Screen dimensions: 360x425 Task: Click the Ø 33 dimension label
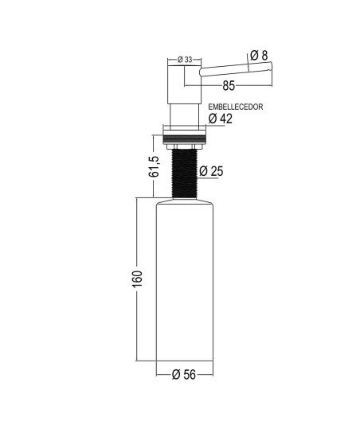[185, 60]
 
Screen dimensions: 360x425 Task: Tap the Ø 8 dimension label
[259, 55]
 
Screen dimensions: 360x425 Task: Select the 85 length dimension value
[229, 86]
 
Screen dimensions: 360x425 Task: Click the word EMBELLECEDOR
[236, 107]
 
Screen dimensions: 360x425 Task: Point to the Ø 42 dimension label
[221, 119]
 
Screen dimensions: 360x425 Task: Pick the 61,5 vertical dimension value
[153, 166]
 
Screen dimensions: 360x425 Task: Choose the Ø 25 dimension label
[211, 171]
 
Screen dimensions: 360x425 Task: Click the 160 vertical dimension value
[137, 279]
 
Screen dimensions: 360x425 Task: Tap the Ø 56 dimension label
[184, 375]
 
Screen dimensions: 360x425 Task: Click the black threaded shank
[185, 174]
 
